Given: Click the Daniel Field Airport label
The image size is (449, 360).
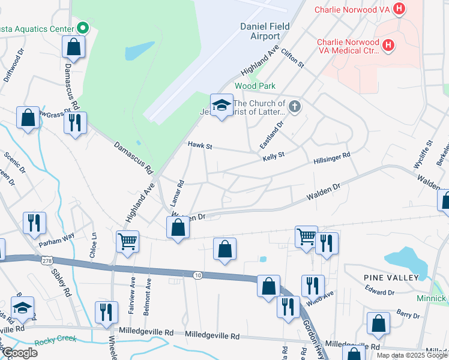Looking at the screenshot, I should [265, 31].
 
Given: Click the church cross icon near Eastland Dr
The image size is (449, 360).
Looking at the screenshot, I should [294, 107].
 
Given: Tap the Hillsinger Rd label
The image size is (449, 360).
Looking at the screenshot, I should [331, 158].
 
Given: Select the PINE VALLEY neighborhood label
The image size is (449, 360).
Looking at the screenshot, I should [391, 277].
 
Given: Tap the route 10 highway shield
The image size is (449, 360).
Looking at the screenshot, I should [197, 275].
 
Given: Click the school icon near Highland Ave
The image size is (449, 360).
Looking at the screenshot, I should [221, 105].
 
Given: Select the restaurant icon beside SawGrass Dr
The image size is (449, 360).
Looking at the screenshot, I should [75, 122].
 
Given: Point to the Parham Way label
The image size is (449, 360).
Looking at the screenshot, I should [56, 236].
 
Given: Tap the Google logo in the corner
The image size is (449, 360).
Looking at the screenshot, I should [19, 352].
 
